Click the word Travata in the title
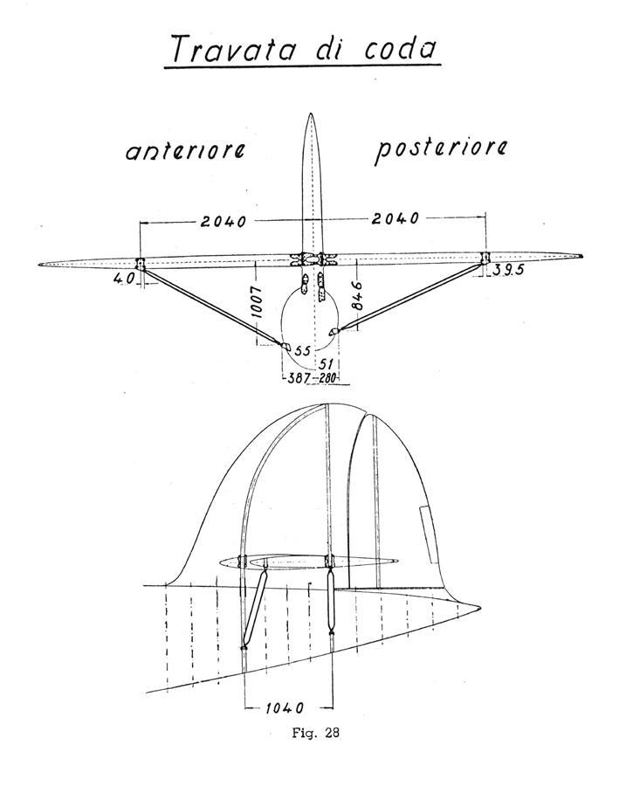click(233, 49)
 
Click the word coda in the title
click(400, 48)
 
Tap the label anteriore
click(185, 150)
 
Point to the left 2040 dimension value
click(224, 221)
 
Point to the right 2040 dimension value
click(396, 218)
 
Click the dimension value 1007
click(256, 302)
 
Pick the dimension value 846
click(357, 296)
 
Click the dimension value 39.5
click(508, 270)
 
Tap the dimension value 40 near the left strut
click(124, 279)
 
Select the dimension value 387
click(297, 379)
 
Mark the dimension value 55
click(302, 351)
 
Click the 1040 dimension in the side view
click(284, 707)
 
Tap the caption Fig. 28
click(316, 733)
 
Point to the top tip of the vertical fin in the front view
click(311, 114)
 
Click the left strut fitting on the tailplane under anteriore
click(140, 264)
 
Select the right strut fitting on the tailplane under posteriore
click(485, 259)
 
